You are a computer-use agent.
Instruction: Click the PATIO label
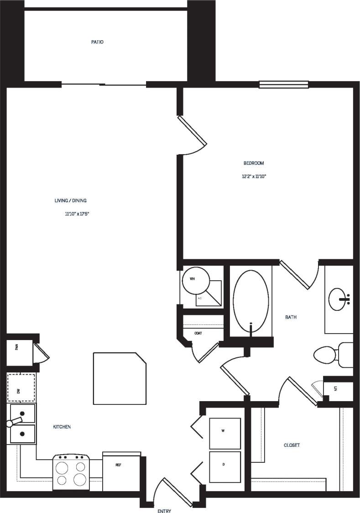click(x=97, y=42)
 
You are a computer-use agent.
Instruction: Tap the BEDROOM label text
click(x=254, y=163)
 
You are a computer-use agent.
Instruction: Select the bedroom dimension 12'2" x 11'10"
click(x=254, y=176)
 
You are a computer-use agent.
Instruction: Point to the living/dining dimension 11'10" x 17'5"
click(x=77, y=213)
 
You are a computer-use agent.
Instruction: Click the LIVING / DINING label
click(x=71, y=200)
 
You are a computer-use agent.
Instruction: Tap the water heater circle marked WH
click(x=196, y=280)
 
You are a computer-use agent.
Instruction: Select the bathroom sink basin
click(x=339, y=298)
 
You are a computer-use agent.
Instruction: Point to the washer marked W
click(x=224, y=433)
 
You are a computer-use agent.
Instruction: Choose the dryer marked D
click(x=224, y=467)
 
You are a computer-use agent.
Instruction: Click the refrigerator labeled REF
click(x=120, y=472)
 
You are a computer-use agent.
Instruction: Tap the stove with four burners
click(x=72, y=472)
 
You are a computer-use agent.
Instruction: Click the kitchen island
click(x=119, y=378)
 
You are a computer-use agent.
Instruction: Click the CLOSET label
click(x=292, y=445)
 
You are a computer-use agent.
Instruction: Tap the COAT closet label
click(x=198, y=333)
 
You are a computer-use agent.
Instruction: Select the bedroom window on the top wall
click(x=283, y=84)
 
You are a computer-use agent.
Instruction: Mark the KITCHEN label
click(x=62, y=427)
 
